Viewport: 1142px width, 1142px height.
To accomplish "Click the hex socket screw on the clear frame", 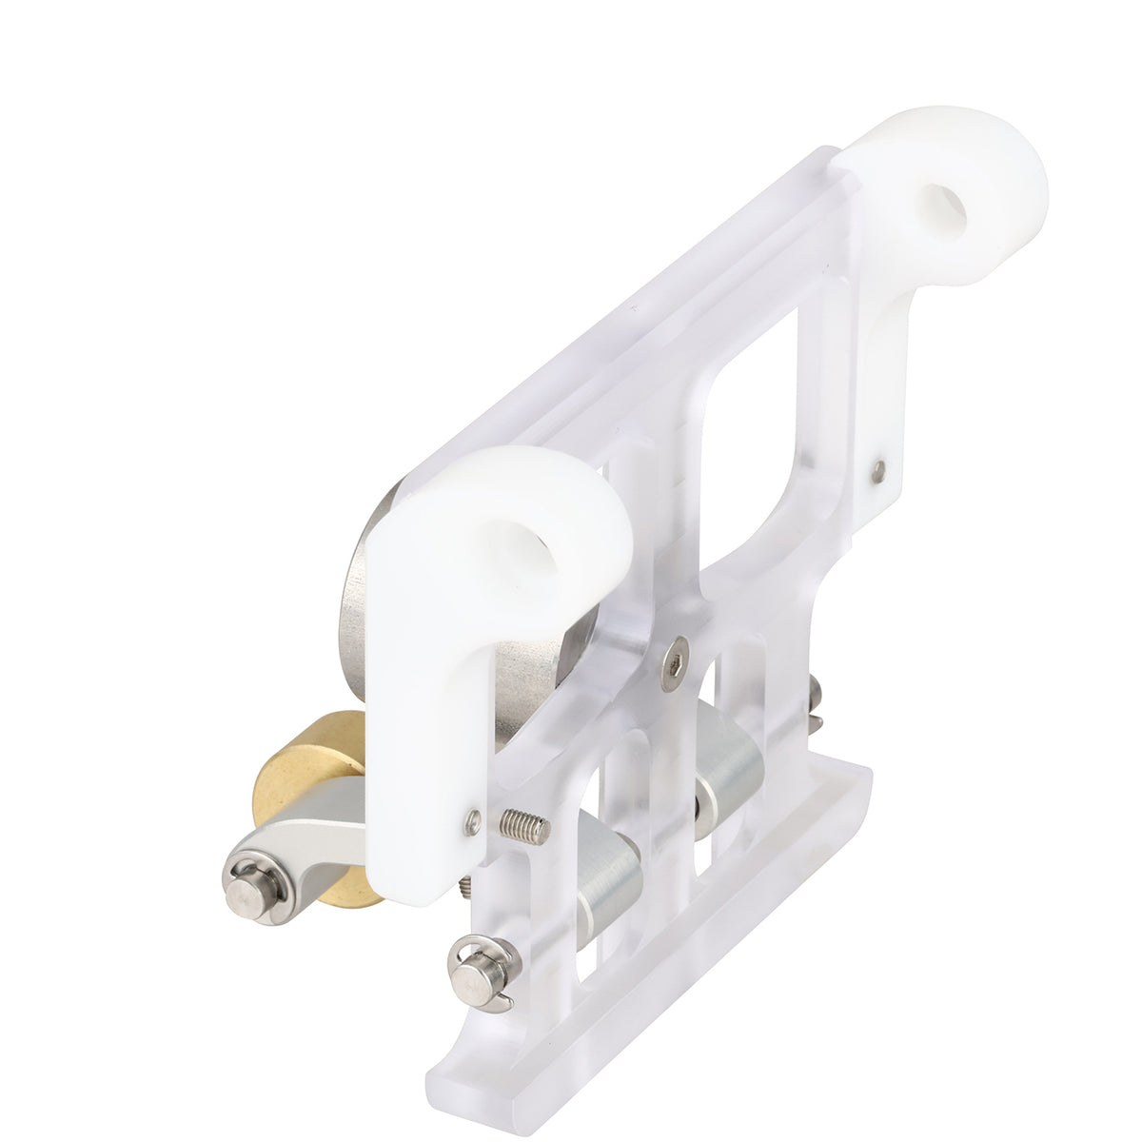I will click(675, 660).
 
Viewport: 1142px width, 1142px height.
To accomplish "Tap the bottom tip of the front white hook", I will click(419, 880).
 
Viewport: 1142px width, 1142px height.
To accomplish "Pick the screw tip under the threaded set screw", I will click(464, 887).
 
